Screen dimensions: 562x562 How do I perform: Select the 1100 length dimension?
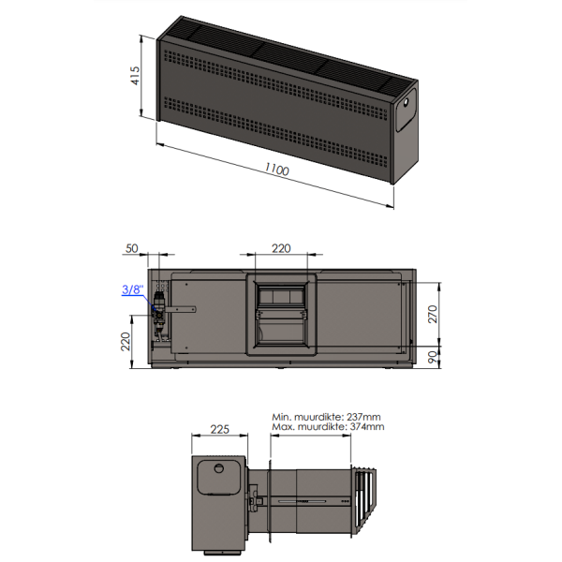pyautogui.click(x=276, y=171)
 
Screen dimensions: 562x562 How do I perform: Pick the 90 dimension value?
pyautogui.click(x=434, y=355)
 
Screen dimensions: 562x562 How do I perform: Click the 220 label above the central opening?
pyautogui.click(x=281, y=248)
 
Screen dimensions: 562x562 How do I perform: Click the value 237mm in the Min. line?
pyautogui.click(x=362, y=416)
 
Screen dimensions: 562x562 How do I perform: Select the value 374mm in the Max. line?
pyautogui.click(x=365, y=426)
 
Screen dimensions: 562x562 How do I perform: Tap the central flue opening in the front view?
pyautogui.click(x=281, y=314)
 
